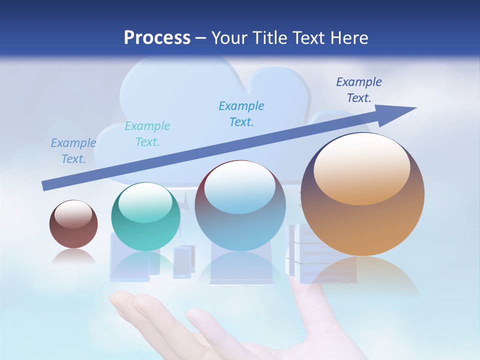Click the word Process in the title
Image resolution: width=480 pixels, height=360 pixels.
[x=157, y=38]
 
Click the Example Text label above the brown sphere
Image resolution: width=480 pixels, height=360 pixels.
[x=73, y=151]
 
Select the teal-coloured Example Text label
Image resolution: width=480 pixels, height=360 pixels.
[x=147, y=134]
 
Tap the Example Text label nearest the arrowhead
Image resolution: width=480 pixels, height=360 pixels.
[x=359, y=90]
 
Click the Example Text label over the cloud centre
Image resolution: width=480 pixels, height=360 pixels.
[x=241, y=113]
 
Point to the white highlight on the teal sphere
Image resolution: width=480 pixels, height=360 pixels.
[x=145, y=202]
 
